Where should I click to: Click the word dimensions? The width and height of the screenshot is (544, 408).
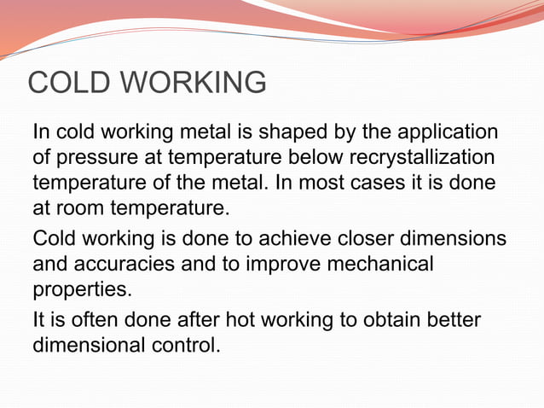coord(461,239)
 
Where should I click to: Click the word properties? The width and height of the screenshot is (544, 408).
coord(83,290)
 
